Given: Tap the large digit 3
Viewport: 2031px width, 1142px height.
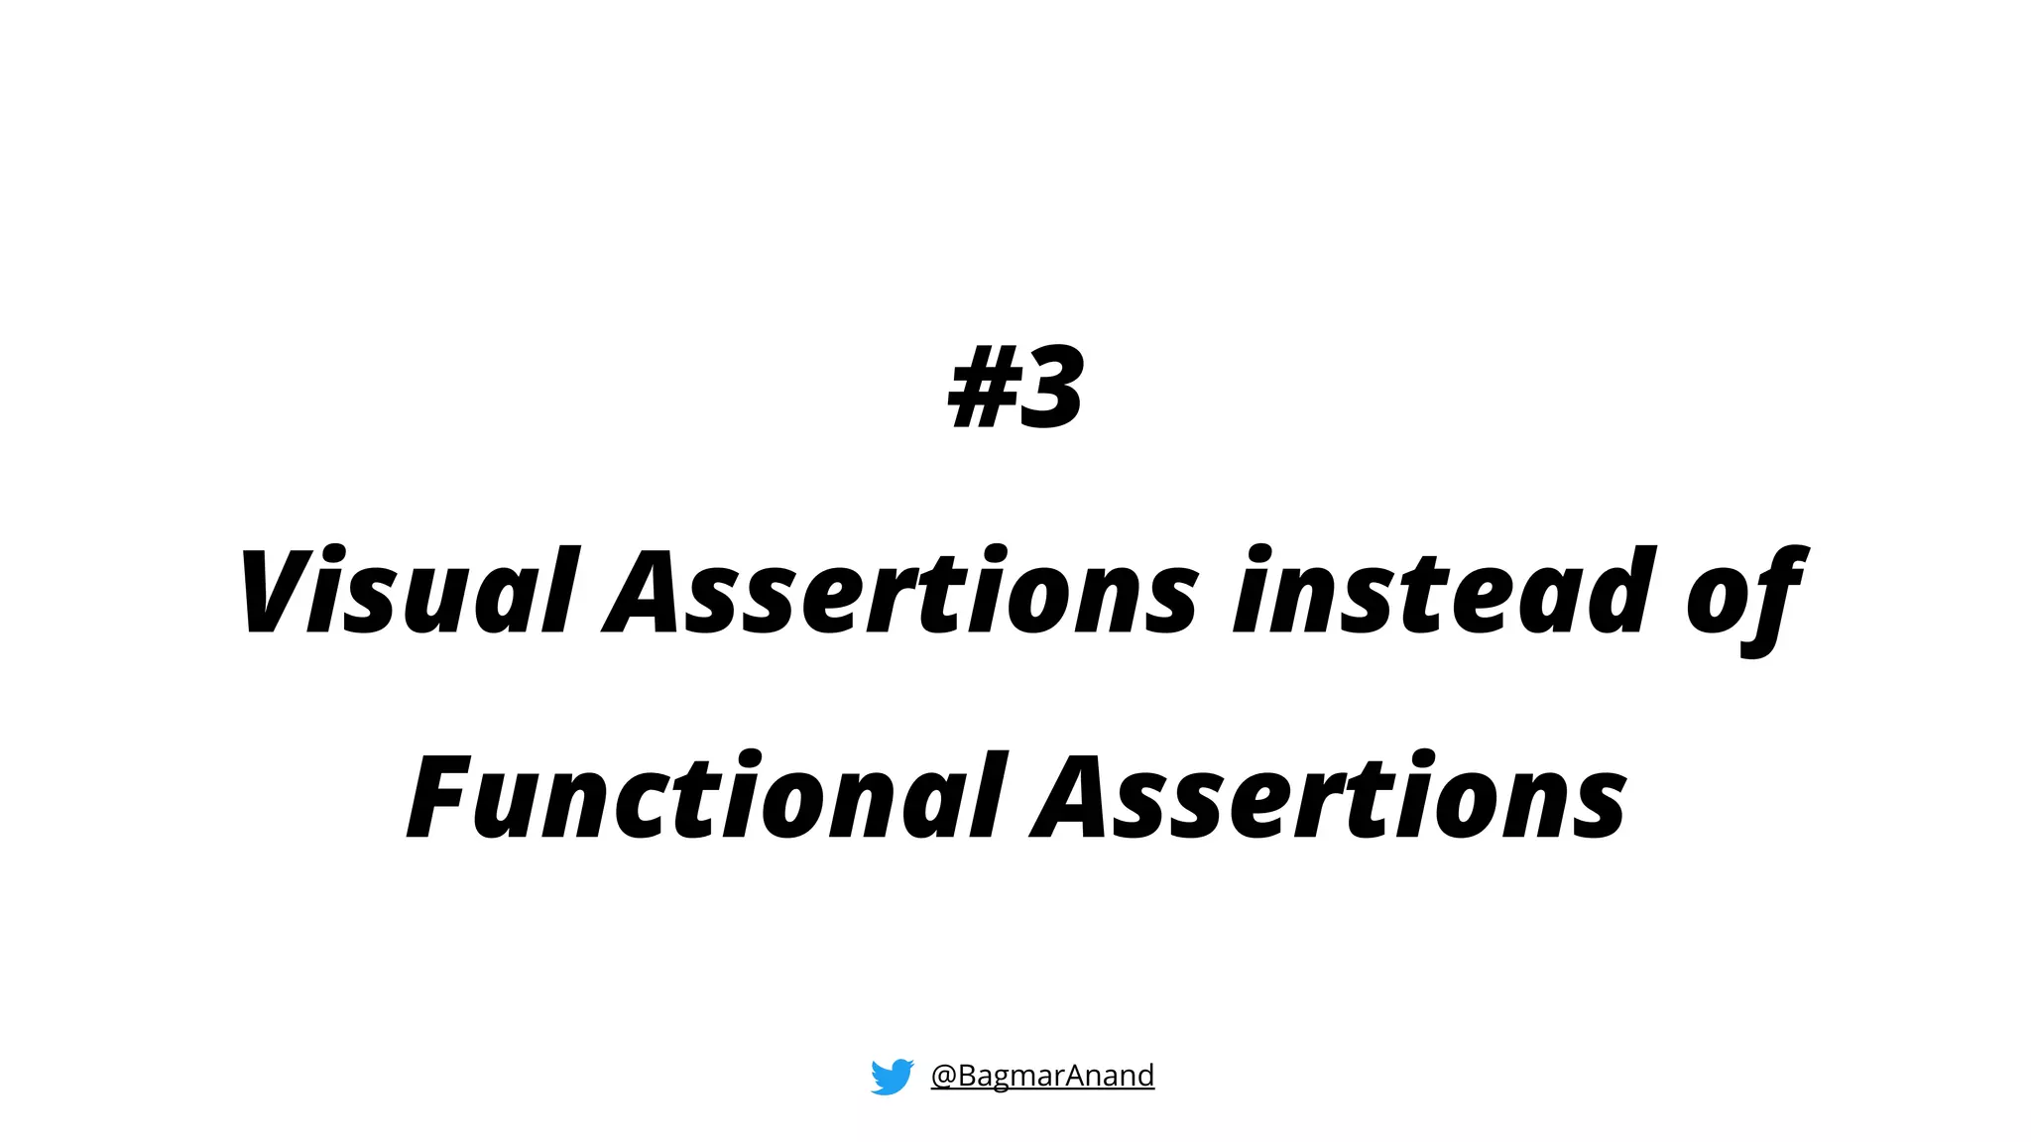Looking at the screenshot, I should tap(1051, 388).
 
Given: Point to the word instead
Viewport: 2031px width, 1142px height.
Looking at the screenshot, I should tap(1443, 591).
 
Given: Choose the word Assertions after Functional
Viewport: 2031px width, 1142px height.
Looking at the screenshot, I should tap(1329, 796).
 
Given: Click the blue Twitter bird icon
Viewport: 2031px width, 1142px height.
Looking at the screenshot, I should tap(892, 1076).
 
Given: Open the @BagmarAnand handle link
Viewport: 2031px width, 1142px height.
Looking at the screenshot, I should tap(1042, 1076).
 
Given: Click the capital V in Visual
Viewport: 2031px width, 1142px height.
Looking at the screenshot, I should tap(273, 591).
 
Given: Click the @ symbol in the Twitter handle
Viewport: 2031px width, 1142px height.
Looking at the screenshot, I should tap(943, 1077).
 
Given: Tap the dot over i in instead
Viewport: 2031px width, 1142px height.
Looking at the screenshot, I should tap(1258, 555).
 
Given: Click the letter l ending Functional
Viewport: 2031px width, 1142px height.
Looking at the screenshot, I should tap(993, 796).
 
